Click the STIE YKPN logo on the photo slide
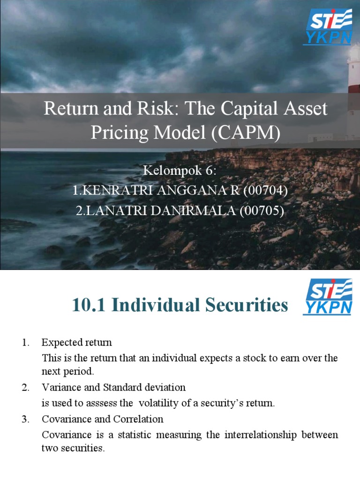coord(328,28)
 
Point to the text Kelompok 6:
coord(180,171)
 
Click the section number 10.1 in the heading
coord(89,306)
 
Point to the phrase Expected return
coord(77,343)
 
